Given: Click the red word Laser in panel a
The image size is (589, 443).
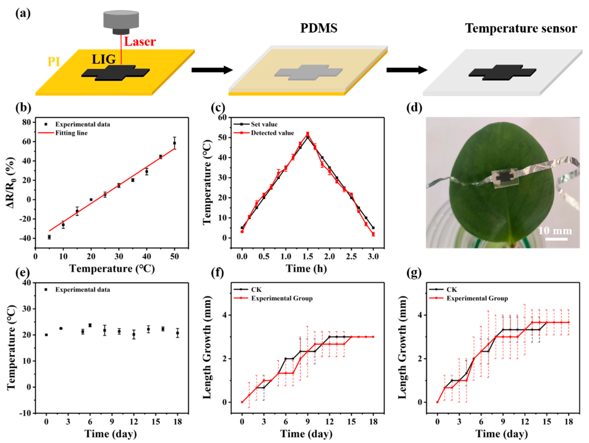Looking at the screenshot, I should coord(140,42).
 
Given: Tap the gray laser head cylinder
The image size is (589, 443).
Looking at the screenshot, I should coord(121,20).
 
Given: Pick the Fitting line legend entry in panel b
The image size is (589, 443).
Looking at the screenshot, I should coord(71,133).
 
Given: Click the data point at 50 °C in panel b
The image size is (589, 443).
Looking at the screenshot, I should coord(174,143).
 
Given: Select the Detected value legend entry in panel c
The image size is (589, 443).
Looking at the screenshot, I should coord(272,133).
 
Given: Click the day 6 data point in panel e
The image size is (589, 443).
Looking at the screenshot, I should coord(90,325).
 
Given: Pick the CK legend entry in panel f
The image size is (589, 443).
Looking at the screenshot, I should coord(256,289).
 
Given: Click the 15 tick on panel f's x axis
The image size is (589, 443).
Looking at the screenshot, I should coord(352,422).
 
